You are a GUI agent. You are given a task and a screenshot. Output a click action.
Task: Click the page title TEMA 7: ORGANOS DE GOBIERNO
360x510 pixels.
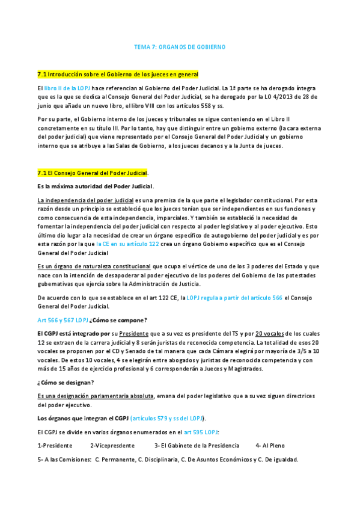pos(180,46)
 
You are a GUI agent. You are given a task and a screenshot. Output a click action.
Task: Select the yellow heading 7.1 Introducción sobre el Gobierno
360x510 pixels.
pos(117,74)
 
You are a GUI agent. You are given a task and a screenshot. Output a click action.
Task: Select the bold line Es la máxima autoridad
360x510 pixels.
pos(95,186)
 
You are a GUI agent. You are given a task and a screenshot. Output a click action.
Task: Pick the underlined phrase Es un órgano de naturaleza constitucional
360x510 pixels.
pos(94,266)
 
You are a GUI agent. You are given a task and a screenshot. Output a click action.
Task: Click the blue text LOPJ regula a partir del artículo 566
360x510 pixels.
pos(234,297)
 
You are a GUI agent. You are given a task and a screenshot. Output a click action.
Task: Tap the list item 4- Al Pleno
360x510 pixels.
pos(270,446)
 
